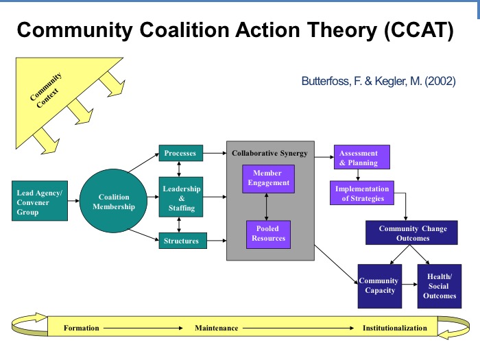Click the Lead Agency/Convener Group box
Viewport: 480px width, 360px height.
(x=40, y=202)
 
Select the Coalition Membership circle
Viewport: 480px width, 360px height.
(x=113, y=202)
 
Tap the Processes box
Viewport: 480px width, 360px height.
(x=180, y=154)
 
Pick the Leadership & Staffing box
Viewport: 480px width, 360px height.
(x=182, y=198)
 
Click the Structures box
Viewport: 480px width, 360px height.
(x=182, y=241)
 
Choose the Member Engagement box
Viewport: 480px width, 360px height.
(x=267, y=178)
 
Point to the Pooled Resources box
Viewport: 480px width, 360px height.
(x=267, y=233)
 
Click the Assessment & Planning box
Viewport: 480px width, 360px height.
(x=361, y=158)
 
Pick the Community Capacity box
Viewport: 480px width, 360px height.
(x=379, y=285)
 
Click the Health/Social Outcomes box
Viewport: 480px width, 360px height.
(x=438, y=285)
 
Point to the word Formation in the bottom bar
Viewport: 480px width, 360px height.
(x=82, y=328)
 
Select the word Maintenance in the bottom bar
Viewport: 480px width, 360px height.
(x=217, y=328)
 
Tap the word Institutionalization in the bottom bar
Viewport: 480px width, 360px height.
(x=395, y=328)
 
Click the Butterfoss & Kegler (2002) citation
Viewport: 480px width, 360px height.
(x=379, y=81)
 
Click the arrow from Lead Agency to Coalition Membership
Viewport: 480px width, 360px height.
(x=74, y=202)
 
